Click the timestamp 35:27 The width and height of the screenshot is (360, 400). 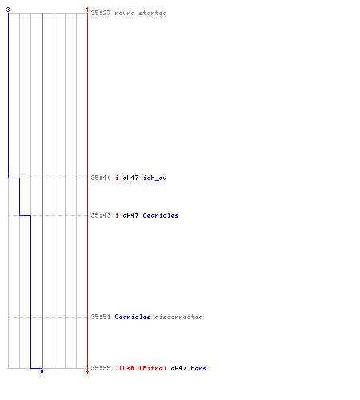[x=101, y=13]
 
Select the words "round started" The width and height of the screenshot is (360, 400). [x=141, y=13]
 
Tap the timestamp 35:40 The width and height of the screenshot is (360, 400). [x=101, y=178]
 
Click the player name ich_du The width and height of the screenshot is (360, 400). [x=155, y=178]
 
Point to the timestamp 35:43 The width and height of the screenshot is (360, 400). [x=101, y=215]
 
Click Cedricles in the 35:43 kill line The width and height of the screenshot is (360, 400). [x=161, y=215]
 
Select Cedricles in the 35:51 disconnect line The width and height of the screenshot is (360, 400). [x=133, y=317]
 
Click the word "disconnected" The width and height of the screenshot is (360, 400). [x=178, y=317]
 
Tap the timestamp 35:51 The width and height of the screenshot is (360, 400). [x=101, y=317]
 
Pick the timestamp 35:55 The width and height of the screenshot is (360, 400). [x=101, y=368]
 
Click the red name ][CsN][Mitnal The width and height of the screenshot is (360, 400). [x=141, y=368]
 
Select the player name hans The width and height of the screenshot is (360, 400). [x=198, y=368]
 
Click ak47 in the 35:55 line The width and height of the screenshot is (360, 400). [x=178, y=368]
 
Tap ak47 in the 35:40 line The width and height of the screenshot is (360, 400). [x=130, y=178]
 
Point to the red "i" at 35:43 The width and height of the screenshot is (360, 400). [x=117, y=215]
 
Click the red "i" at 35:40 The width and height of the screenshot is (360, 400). [x=117, y=178]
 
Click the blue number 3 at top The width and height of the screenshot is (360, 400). [x=8, y=10]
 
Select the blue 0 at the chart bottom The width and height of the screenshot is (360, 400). [x=42, y=371]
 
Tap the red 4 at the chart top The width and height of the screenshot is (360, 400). [x=87, y=10]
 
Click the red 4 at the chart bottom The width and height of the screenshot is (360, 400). [x=87, y=371]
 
